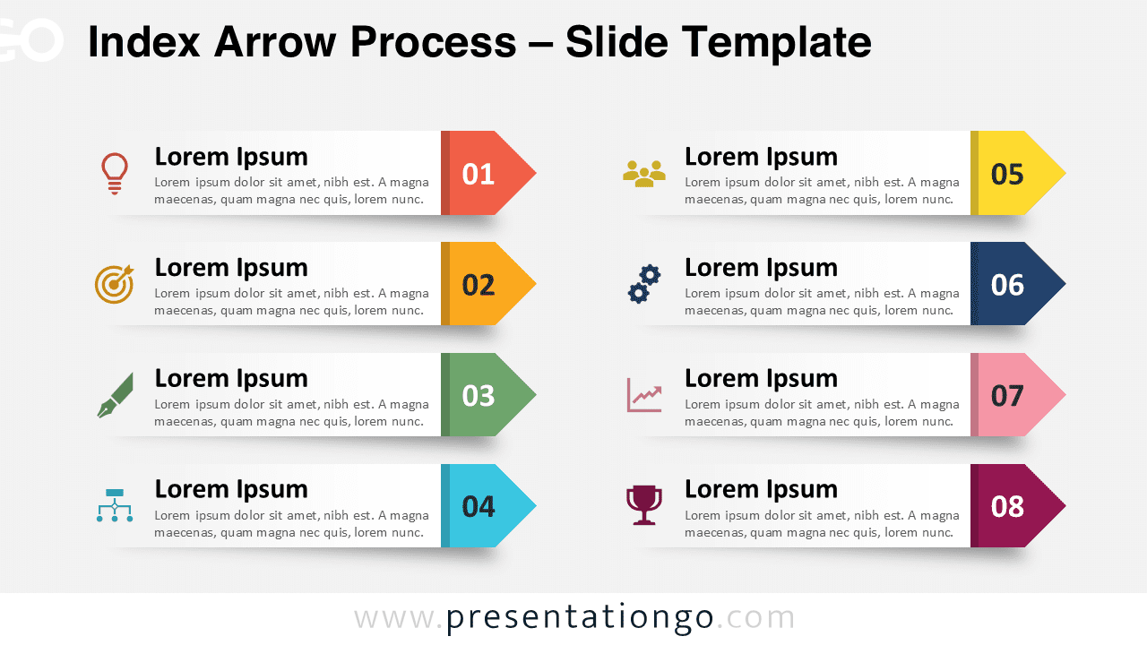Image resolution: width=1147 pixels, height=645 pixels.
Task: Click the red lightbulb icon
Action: pos(115,173)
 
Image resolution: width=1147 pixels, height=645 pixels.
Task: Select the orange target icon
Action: pos(115,284)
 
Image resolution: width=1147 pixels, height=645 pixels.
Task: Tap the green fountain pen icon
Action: pos(115,395)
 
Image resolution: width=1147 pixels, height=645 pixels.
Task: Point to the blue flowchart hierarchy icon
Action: pos(115,506)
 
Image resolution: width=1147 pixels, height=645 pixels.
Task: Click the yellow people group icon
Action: pos(644,173)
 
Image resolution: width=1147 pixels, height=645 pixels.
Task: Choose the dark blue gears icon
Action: pos(644,284)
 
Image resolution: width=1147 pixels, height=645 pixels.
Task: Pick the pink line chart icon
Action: pos(644,395)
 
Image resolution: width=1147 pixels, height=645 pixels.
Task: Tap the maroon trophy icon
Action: pos(644,506)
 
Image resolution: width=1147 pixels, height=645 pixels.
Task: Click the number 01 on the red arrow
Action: pos(479,174)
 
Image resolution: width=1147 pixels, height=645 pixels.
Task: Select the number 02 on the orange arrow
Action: pos(479,285)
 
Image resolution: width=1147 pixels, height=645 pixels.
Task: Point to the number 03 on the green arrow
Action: pos(479,396)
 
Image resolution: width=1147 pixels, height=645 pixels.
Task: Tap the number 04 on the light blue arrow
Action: pos(479,507)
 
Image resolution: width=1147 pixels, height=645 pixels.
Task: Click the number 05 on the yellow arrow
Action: pos(1008,174)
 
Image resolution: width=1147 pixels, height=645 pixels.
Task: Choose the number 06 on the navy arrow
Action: pos(1008,285)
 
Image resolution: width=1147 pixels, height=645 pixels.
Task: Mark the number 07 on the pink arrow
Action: pos(1008,396)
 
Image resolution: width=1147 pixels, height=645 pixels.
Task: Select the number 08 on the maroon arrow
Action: pos(1008,507)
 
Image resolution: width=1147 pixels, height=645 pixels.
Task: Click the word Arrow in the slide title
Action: pos(278,42)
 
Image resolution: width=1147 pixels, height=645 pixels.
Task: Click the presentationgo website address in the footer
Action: pos(574,618)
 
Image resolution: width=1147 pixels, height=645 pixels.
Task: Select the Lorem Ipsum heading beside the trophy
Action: pos(761,489)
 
